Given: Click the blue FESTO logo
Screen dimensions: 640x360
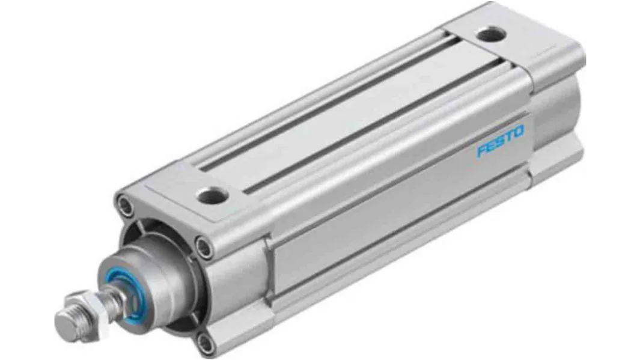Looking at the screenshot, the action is click(x=501, y=142).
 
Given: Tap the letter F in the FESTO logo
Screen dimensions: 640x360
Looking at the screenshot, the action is click(x=482, y=150).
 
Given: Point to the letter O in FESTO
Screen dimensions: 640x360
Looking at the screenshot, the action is click(x=518, y=132).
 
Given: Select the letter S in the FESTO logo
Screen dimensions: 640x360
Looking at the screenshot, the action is click(x=500, y=141).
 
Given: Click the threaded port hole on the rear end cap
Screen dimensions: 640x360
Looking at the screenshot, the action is click(x=492, y=34).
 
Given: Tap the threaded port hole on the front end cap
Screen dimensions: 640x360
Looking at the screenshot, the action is click(x=212, y=197).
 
